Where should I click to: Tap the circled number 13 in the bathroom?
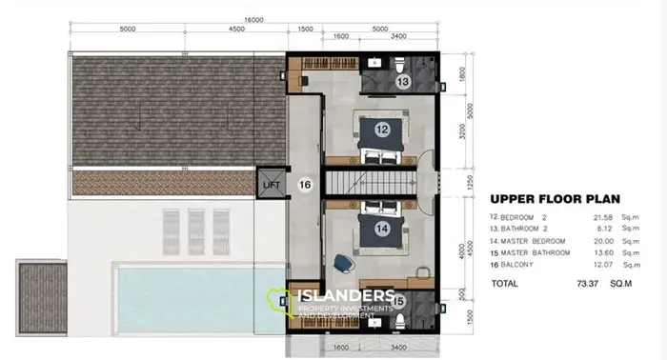pos(403,83)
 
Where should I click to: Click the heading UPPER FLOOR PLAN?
pos(556,200)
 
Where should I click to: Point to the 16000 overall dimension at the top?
pos(252,19)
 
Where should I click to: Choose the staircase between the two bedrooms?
pos(374,181)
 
